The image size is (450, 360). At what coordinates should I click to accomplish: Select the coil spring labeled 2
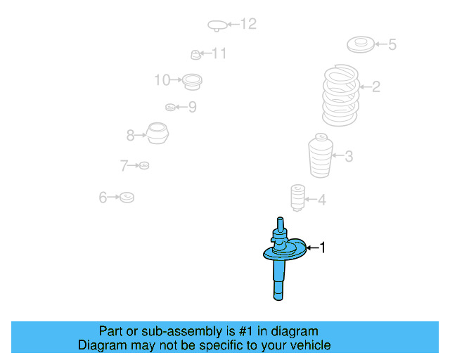[x=340, y=95]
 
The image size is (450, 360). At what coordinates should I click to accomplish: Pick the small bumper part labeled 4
[x=297, y=198]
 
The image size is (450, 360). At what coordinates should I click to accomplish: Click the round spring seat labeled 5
[x=361, y=44]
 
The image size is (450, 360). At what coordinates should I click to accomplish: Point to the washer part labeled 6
[x=127, y=197]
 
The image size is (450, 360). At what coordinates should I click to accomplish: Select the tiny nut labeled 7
[x=144, y=165]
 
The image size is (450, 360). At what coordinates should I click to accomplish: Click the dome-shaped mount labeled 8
[x=157, y=133]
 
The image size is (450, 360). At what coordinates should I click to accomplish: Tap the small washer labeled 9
[x=170, y=107]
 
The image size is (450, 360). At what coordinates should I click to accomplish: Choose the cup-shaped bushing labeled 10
[x=192, y=82]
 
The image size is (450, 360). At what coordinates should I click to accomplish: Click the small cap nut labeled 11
[x=195, y=55]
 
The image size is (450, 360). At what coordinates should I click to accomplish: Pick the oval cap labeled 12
[x=217, y=25]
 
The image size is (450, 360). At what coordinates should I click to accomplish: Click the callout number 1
[x=323, y=247]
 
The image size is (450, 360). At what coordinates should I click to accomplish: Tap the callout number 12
[x=248, y=24]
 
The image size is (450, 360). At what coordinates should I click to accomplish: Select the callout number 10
[x=162, y=80]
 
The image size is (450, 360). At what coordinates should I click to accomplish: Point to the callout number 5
[x=392, y=45]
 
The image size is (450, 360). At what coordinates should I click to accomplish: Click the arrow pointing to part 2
[x=366, y=86]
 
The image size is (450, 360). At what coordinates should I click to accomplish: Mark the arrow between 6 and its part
[x=113, y=197]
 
